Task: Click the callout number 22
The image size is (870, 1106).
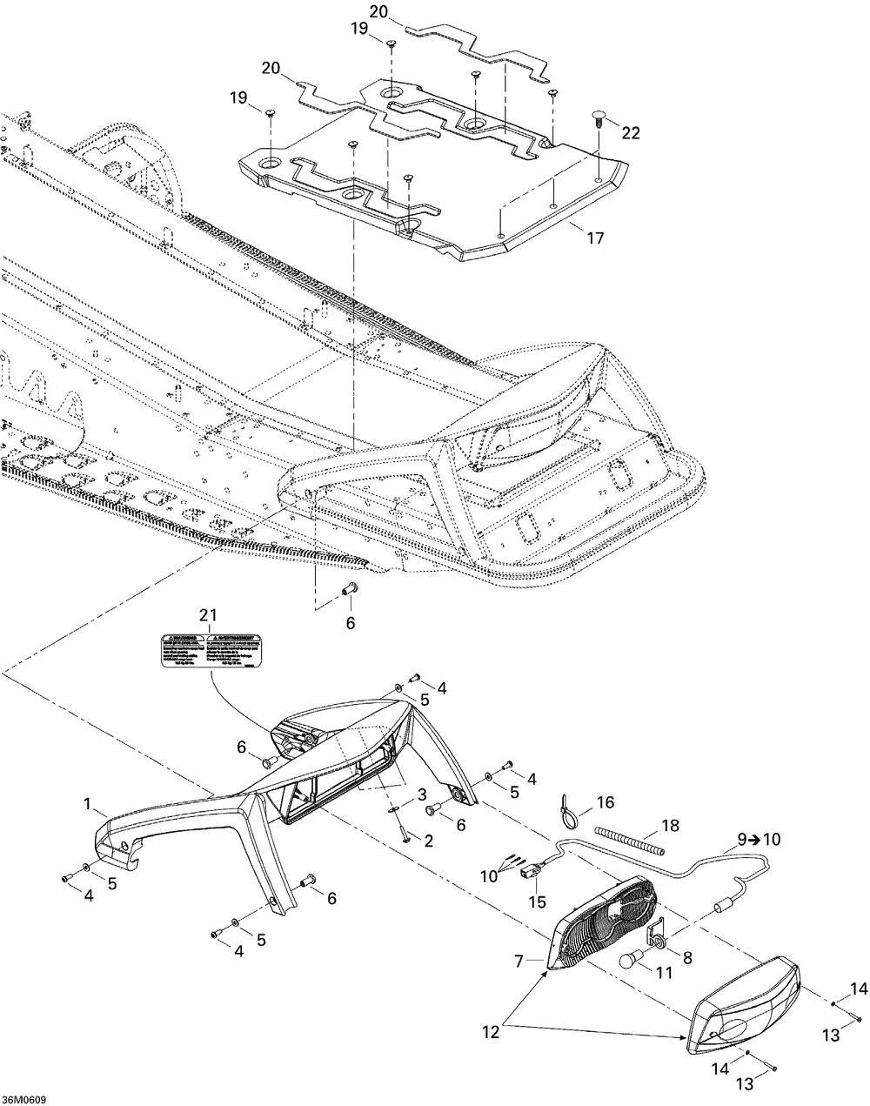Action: coord(631,132)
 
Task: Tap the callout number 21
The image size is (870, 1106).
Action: coord(207,616)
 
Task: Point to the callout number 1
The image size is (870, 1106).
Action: coord(87,806)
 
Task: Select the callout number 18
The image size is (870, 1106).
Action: coord(670,825)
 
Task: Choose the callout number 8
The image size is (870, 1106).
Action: coord(686,956)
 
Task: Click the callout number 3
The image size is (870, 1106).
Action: coord(420,794)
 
